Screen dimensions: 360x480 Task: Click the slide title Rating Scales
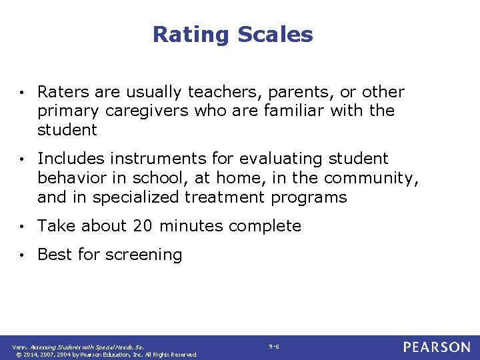(233, 35)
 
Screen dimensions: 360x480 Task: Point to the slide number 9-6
(274, 347)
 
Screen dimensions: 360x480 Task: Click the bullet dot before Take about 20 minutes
(23, 227)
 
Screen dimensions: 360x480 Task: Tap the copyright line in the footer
(104, 354)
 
